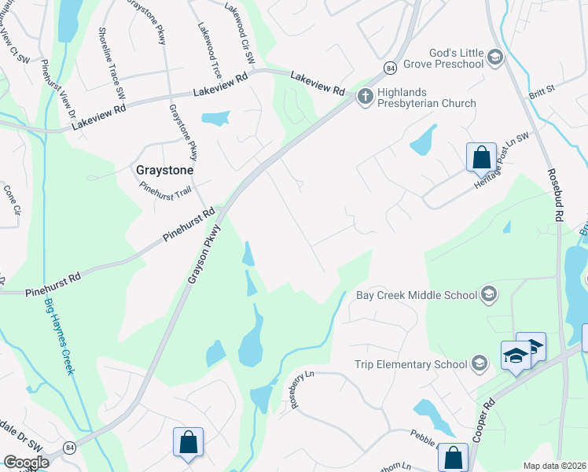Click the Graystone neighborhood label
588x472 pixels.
pyautogui.click(x=165, y=169)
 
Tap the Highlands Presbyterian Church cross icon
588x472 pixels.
pyautogui.click(x=365, y=97)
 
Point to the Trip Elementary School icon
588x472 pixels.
pyautogui.click(x=479, y=363)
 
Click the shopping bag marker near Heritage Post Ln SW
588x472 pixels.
pyautogui.click(x=480, y=157)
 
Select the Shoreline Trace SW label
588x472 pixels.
pyautogui.click(x=111, y=62)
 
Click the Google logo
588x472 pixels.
pyautogui.click(x=27, y=463)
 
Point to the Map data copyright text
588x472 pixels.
pyautogui.click(x=555, y=466)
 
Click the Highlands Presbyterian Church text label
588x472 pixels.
pyautogui.click(x=427, y=103)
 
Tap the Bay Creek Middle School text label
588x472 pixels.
pyautogui.click(x=417, y=295)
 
